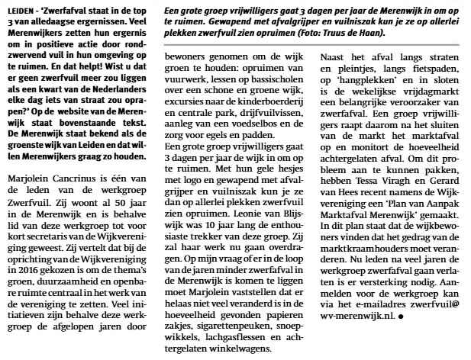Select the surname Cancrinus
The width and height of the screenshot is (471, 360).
point(78,200)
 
